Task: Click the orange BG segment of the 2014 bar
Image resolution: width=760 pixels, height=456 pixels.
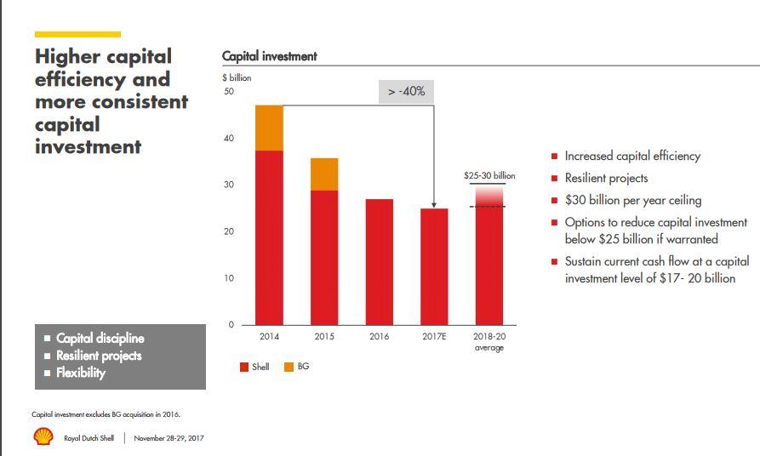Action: coord(269,128)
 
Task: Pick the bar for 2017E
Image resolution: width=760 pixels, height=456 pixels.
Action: coord(434,266)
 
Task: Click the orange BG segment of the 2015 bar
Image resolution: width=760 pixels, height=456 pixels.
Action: coord(324,174)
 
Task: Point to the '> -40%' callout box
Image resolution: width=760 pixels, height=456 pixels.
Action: coord(406,92)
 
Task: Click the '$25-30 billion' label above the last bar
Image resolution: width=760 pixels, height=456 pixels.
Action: coord(489,175)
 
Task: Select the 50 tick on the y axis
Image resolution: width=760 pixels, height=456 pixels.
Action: coord(228,92)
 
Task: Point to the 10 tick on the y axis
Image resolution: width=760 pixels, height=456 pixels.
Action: coord(228,278)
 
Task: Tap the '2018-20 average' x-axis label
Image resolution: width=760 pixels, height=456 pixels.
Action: coord(489,342)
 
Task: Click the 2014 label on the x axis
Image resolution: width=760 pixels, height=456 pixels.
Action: coord(269,337)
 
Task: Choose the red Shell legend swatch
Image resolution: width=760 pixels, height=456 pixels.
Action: coord(243,368)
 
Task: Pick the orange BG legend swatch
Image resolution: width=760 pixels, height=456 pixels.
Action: coord(289,368)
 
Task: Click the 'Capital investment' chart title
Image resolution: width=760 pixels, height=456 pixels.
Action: coord(269,56)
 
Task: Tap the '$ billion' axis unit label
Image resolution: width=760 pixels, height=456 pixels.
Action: coord(237,77)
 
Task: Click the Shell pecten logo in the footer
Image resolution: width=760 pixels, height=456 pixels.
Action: coord(43,437)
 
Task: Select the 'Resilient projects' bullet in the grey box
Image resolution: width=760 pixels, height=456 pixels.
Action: coord(99,356)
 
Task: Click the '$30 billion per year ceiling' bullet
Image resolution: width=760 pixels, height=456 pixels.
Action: coord(633,201)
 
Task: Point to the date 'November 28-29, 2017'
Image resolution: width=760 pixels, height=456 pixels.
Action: coord(169,438)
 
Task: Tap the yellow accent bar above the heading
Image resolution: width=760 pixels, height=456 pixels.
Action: coord(77,34)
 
